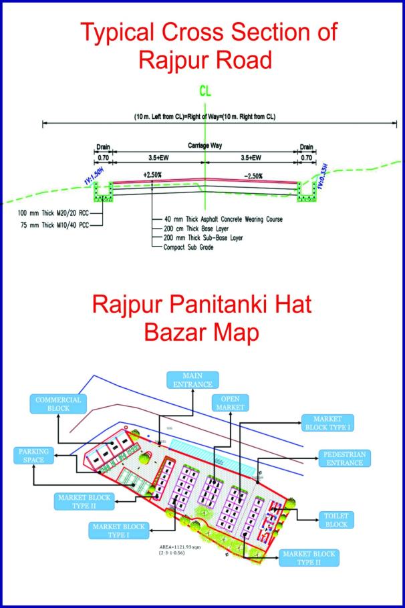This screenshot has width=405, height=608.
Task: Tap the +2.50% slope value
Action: point(152,175)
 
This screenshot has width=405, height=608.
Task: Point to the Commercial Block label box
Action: point(55,404)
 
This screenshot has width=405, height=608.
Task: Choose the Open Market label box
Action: point(229,402)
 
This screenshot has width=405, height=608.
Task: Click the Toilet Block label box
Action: point(336,520)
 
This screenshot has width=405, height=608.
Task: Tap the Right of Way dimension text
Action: point(205,117)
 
